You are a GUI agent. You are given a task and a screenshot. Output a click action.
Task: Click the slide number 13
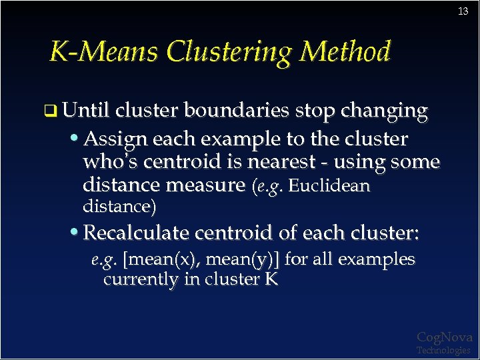(463, 11)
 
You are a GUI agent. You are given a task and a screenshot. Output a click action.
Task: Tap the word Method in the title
(346, 52)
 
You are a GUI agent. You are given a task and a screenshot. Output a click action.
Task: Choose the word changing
(384, 111)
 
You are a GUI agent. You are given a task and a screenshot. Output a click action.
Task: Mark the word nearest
(289, 162)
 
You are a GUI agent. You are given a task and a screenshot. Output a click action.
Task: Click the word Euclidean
(329, 185)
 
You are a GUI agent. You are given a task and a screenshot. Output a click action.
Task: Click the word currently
(141, 279)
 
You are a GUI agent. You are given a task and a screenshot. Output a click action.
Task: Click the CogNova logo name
(444, 337)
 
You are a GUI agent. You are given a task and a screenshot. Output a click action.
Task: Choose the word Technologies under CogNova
(443, 350)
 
